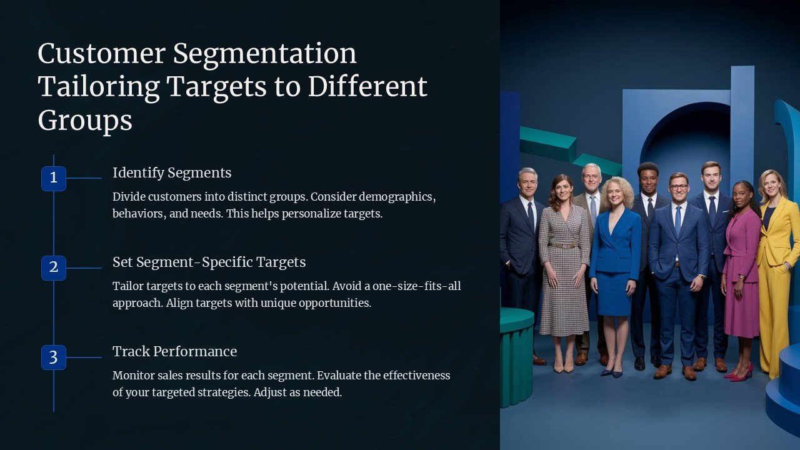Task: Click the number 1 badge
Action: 54,178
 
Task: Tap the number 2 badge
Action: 54,267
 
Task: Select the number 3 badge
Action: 54,357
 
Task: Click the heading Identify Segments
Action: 172,172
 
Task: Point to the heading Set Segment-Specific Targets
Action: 209,262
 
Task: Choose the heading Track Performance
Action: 174,351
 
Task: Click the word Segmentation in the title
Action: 264,54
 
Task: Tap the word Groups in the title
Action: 85,120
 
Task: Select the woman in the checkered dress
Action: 564,262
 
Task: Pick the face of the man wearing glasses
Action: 678,187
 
